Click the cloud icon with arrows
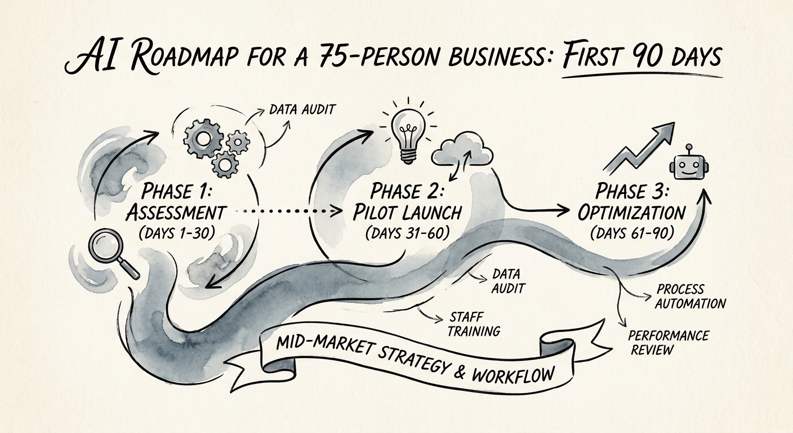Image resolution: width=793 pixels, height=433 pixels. pos(462,151)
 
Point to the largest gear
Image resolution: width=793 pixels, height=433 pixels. pos(203,137)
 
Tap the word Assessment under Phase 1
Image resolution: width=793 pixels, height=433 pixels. pos(175,213)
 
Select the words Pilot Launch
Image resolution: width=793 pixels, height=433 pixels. pos(407,213)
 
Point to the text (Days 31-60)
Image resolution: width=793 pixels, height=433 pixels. pos(407,233)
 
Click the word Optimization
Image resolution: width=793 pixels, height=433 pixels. pos(631,213)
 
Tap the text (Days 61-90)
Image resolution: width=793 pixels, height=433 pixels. pos(631,234)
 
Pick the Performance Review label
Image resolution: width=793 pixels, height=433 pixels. pos(668,342)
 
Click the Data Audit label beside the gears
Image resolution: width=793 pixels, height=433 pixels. pos(302,109)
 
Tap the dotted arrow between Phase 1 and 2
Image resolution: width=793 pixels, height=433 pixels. pos(288,211)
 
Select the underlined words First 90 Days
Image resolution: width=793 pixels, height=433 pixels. pos(641,57)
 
